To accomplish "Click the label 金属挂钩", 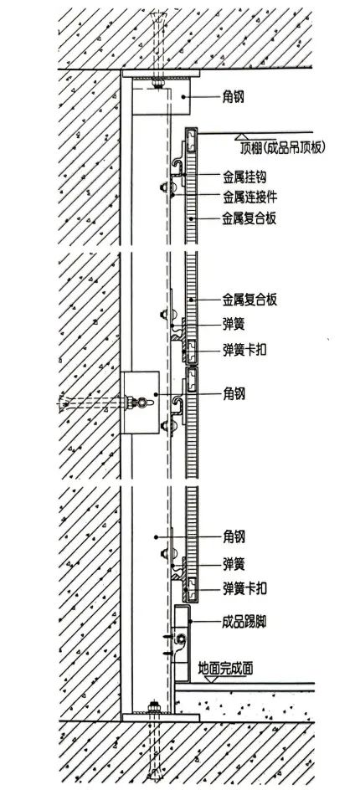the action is pos(244,177).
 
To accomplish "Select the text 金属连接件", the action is pos(249,196).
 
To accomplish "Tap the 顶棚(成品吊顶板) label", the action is pos(282,147).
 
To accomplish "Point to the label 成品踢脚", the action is pos(244,622).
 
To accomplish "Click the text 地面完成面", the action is pos(225,668).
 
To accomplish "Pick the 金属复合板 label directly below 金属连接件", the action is pos(249,218).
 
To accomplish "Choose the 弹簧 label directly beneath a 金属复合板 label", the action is pos(234,324).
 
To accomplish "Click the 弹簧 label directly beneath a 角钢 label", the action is pos(234,564).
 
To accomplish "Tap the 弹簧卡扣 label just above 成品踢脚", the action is pos(244,587).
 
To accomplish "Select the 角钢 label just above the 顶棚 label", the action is pos(234,96).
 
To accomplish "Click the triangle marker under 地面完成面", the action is pos(213,680).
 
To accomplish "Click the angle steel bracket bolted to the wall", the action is pos(140,402).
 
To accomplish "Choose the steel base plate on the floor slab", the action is pos(161,717).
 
